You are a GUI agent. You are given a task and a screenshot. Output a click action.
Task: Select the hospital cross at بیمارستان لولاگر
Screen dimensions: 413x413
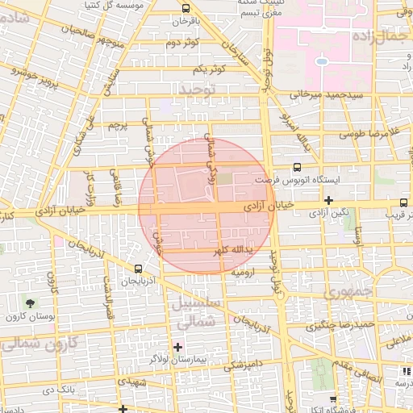coord(178,347)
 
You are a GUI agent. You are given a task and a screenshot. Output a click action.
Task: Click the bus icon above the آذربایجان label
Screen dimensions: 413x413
coord(138,269)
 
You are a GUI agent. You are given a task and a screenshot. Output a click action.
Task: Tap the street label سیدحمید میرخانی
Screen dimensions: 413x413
coord(322,94)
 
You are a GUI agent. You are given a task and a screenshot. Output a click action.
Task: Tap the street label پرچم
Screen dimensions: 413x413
coord(119,127)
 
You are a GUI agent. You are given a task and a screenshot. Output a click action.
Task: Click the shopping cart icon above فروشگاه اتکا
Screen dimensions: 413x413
coord(335,398)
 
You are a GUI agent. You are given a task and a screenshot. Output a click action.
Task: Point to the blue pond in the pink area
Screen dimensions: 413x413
coord(321,60)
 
